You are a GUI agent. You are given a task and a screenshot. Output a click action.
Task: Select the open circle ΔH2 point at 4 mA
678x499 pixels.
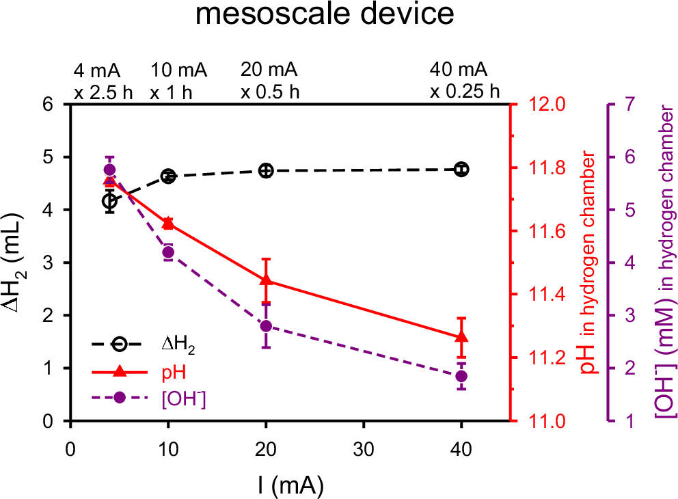click(109, 201)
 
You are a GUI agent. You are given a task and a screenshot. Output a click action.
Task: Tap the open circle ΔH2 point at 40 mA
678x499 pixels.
click(461, 170)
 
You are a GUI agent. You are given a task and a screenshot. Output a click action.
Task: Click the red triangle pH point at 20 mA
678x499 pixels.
click(267, 280)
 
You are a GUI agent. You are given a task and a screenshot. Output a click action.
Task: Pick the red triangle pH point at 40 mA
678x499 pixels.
click(461, 336)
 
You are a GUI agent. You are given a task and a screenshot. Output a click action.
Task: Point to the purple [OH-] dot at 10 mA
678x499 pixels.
click(168, 252)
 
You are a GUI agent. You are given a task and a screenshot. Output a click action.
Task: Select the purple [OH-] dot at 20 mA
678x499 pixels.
click(267, 326)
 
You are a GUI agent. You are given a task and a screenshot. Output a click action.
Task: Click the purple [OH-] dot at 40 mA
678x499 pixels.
click(461, 376)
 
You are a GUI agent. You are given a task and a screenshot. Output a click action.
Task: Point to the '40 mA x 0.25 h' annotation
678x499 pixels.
click(465, 81)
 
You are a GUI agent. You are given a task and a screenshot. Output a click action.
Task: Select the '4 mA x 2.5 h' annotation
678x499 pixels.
click(103, 81)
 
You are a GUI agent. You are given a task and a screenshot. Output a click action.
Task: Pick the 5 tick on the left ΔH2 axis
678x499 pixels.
click(48, 157)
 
